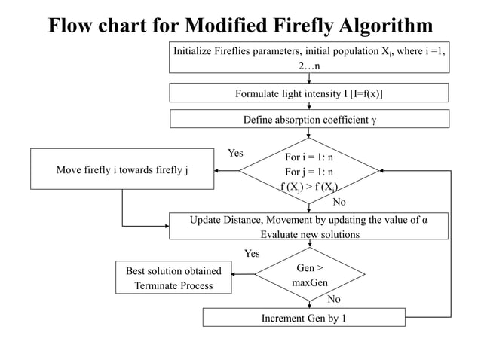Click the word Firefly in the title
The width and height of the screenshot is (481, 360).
click(298, 26)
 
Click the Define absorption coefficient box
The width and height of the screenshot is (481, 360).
click(308, 120)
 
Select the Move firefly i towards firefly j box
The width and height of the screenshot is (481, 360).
click(122, 169)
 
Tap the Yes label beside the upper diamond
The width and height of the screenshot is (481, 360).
click(235, 153)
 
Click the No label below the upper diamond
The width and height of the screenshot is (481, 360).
click(339, 202)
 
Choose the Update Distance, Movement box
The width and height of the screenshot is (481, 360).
click(308, 226)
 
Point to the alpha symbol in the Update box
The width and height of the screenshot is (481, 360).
click(425, 219)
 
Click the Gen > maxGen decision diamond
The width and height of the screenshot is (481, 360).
click(308, 276)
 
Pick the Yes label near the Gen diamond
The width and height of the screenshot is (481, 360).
click(253, 254)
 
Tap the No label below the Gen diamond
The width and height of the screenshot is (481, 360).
click(333, 299)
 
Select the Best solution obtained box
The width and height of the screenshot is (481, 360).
click(173, 277)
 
